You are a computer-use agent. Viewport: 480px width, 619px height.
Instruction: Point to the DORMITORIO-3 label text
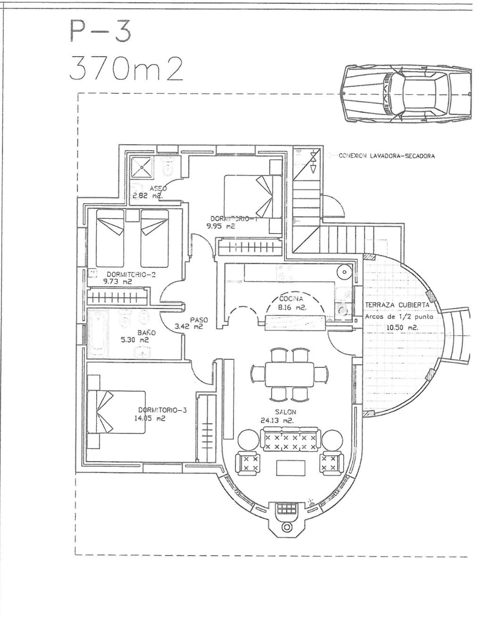tap(163, 410)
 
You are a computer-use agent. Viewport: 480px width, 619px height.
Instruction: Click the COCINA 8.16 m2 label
tap(292, 303)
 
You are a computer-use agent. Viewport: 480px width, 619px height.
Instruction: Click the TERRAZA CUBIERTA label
tap(397, 305)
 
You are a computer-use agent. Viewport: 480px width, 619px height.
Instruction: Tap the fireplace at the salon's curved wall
tap(285, 516)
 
